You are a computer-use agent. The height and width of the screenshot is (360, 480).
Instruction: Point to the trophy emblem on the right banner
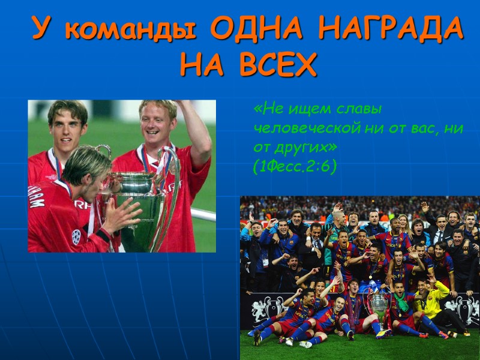(x=466, y=306)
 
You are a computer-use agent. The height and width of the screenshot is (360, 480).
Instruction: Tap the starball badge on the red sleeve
(x=77, y=236)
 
